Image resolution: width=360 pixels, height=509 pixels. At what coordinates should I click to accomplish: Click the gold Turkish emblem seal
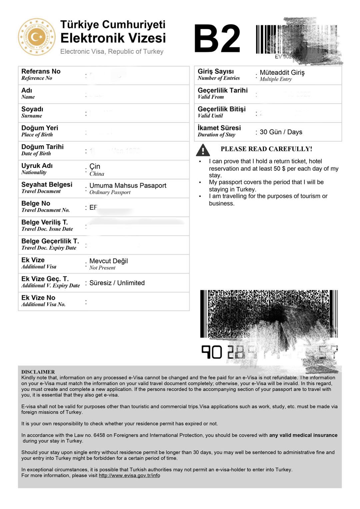pos(37,37)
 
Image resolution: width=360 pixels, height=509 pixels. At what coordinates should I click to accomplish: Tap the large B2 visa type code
pos(217,39)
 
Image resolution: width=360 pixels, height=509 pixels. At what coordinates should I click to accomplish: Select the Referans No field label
pos(41,71)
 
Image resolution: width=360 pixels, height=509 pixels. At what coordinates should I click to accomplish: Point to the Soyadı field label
pos(32,109)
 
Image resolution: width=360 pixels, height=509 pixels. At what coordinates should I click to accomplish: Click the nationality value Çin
pos(95,166)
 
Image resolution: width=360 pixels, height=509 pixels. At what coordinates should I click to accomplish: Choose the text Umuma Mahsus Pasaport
pos(128,185)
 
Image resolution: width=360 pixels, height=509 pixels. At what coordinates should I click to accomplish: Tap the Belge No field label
pos(36,203)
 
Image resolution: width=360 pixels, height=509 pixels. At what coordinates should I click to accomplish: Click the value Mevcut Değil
pos(108,261)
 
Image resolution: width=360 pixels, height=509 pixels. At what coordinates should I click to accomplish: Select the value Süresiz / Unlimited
pos(117,283)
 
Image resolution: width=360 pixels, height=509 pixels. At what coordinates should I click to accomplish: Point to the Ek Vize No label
pos(38,298)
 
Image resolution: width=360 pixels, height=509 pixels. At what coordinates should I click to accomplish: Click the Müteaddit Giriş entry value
pos(282,72)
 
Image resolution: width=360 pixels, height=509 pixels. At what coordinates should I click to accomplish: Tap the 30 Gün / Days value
pos(281,132)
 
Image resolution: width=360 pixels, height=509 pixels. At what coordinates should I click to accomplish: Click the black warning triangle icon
pos(203,150)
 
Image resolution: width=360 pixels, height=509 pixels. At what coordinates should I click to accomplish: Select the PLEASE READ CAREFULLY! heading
pos(266,149)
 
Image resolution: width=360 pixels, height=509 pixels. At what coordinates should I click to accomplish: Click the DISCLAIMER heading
pos(38,372)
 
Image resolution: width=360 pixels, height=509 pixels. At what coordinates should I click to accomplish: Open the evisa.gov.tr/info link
pos(129,475)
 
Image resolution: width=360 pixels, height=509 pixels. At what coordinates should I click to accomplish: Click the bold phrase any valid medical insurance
pos(303,435)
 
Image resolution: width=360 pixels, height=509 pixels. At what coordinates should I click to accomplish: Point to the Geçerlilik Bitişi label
pos(221,109)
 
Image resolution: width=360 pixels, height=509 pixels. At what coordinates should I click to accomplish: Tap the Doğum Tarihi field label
pos(42,147)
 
